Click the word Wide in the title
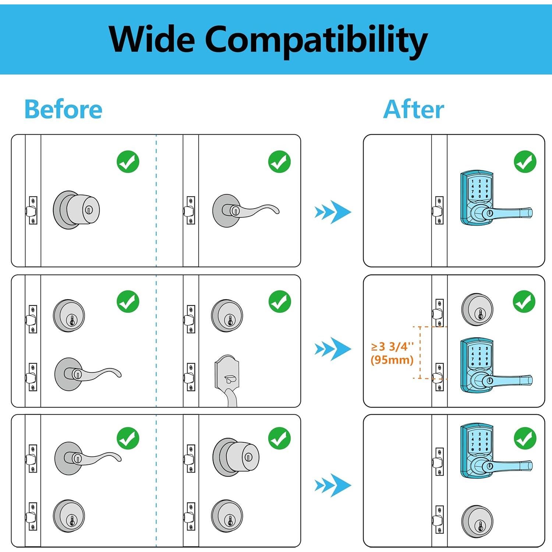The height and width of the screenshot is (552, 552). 152,39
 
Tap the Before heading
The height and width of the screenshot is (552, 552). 63,109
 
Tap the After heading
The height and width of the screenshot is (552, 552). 414,109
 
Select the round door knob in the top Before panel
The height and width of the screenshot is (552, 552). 76,210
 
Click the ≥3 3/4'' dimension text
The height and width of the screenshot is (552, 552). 392,347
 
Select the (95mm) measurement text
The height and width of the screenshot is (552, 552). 392,360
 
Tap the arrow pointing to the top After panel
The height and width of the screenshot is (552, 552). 333,212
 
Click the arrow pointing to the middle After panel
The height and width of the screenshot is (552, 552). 333,348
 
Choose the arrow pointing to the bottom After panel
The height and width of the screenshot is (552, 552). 333,485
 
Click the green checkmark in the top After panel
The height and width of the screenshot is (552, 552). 525,162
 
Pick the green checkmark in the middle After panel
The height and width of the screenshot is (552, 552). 524,302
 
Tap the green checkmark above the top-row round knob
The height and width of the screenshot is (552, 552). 128,162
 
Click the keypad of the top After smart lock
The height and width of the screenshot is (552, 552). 480,189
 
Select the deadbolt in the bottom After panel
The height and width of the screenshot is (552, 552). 478,521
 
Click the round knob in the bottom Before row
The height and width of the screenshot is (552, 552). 236,457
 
